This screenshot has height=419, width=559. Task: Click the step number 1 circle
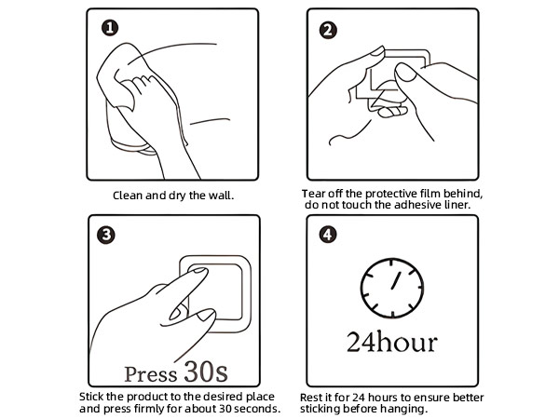[x=110, y=28]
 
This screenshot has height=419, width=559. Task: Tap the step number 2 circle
[x=328, y=30]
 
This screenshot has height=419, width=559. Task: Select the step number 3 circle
[x=106, y=236]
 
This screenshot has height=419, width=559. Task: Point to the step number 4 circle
[x=328, y=236]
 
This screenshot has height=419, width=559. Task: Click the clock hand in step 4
[x=396, y=280]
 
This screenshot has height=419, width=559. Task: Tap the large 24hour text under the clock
[x=392, y=342]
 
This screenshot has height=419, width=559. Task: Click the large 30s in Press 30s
[x=206, y=372]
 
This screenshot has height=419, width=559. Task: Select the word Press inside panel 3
[x=150, y=374]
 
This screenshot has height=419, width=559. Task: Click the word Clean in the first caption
[x=128, y=196]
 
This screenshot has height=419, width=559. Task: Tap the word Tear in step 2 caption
[x=313, y=194]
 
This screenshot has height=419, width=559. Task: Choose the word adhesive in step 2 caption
[x=417, y=205]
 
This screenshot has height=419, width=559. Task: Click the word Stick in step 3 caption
[x=91, y=397]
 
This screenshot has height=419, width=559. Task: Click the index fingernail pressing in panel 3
[x=200, y=270]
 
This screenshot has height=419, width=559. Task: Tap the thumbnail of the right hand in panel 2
[x=405, y=73]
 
